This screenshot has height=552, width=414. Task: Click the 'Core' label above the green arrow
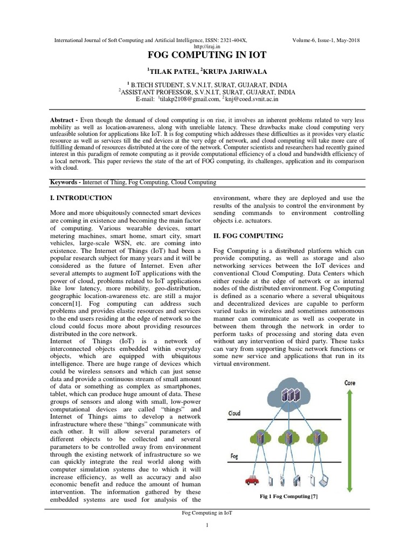pos(350,383)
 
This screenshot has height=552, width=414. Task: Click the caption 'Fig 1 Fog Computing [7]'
pos(288,496)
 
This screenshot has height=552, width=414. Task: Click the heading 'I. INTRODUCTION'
pos(80,198)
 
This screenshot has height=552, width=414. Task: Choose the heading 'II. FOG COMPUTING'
pos(248,236)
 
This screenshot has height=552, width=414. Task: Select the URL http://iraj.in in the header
pos(206,46)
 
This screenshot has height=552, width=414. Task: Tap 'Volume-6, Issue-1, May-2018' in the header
pos(326,40)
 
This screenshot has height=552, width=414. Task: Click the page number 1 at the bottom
pos(207,526)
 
